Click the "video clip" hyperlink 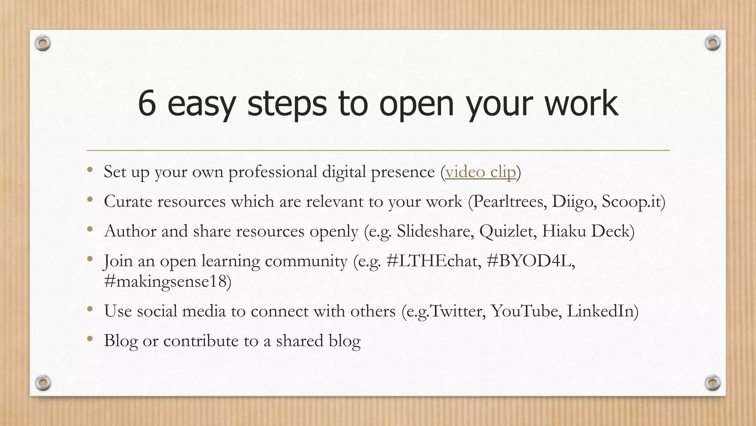pos(480,172)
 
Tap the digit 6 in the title pos(147,104)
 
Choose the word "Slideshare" pos(435,231)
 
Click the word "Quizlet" pos(507,231)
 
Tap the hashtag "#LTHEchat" pos(433,261)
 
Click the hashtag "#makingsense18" pos(165,281)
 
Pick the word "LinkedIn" pos(600,311)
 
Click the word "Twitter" pos(457,311)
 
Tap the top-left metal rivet pos(43,43)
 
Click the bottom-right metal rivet pos(712,383)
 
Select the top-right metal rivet pos(712,43)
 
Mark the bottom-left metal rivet pos(43,383)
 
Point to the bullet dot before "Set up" pos(90,170)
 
